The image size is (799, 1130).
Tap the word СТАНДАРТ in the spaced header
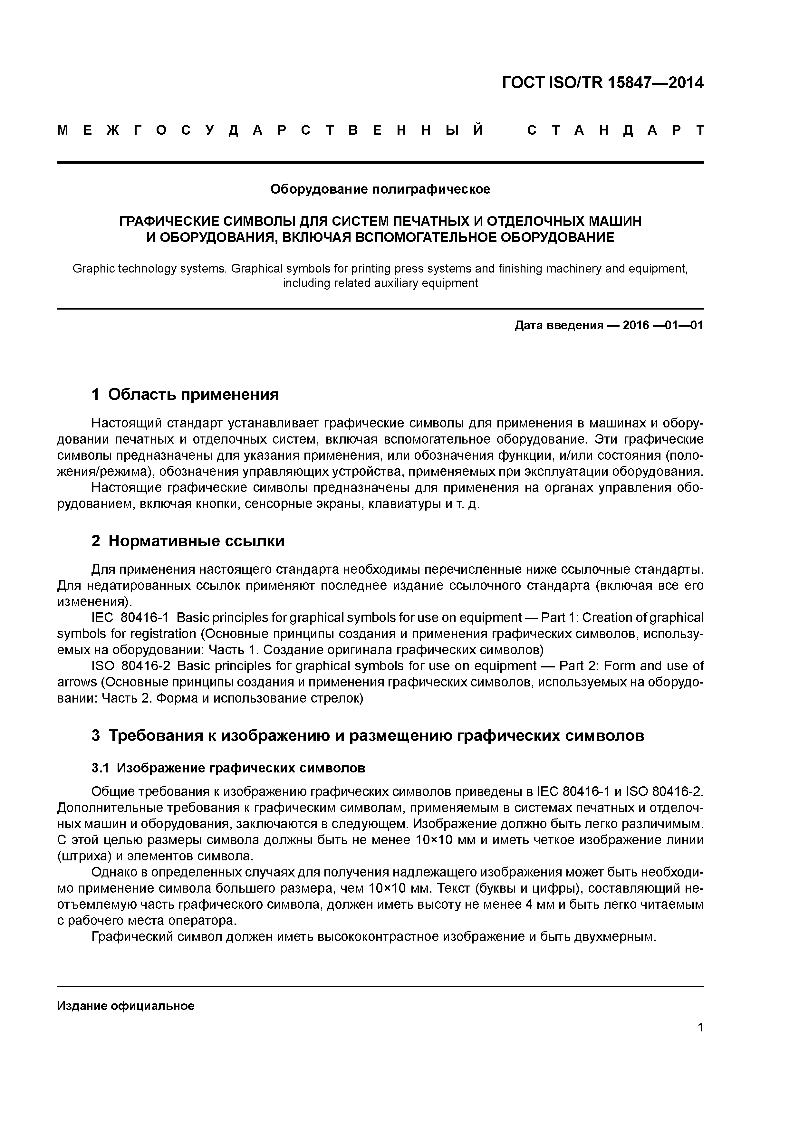click(x=615, y=130)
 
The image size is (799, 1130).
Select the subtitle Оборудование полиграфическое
click(x=380, y=189)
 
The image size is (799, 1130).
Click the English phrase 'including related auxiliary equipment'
click(x=380, y=283)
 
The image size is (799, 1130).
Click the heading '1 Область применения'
click(x=185, y=394)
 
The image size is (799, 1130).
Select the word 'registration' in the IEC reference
click(x=157, y=634)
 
